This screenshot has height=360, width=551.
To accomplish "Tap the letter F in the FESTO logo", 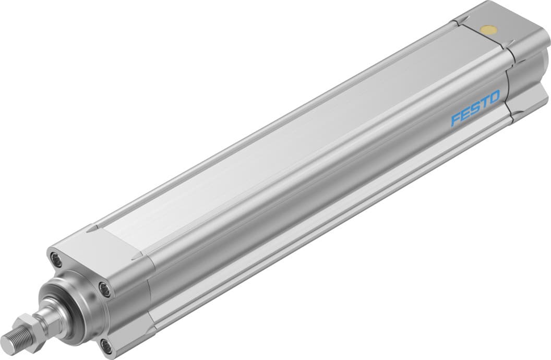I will coord(456,119).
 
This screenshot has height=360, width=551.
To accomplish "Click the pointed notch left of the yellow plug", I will coord(460,21).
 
